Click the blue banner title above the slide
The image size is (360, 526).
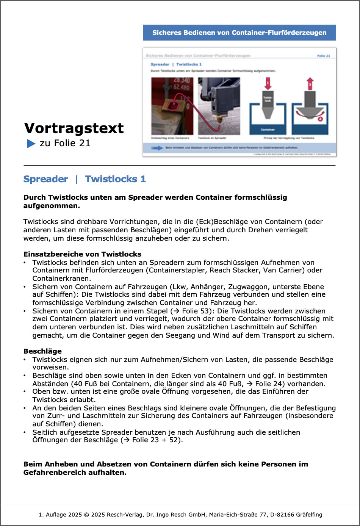click(239, 33)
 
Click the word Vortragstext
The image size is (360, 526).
click(74, 128)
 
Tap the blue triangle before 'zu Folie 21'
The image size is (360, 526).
click(31, 144)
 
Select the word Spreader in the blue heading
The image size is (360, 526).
click(46, 179)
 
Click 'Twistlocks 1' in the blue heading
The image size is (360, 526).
click(115, 179)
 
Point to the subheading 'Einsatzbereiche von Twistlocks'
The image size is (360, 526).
click(82, 254)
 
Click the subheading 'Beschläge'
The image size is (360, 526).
click(42, 351)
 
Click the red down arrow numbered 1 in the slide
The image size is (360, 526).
click(268, 84)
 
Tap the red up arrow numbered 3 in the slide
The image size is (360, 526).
click(310, 84)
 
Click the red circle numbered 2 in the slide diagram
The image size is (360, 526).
click(320, 119)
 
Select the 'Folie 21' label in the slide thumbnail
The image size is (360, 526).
click(323, 56)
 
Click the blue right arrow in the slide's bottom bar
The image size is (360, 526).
click(157, 148)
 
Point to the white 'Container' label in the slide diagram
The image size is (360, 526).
click(268, 130)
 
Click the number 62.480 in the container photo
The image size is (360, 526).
click(181, 87)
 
